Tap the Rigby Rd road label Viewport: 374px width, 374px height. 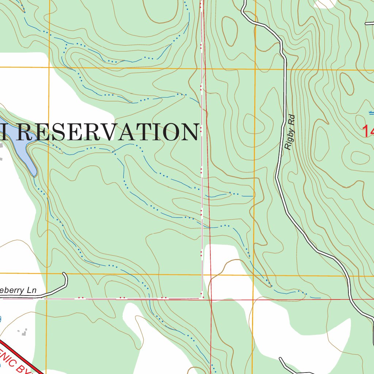pos(290,133)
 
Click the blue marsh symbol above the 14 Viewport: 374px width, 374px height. pos(371,113)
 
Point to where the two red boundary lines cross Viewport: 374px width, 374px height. pos(211,300)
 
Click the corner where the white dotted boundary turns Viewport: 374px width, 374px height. pos(201,298)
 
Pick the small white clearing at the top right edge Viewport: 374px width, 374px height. pos(325,3)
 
